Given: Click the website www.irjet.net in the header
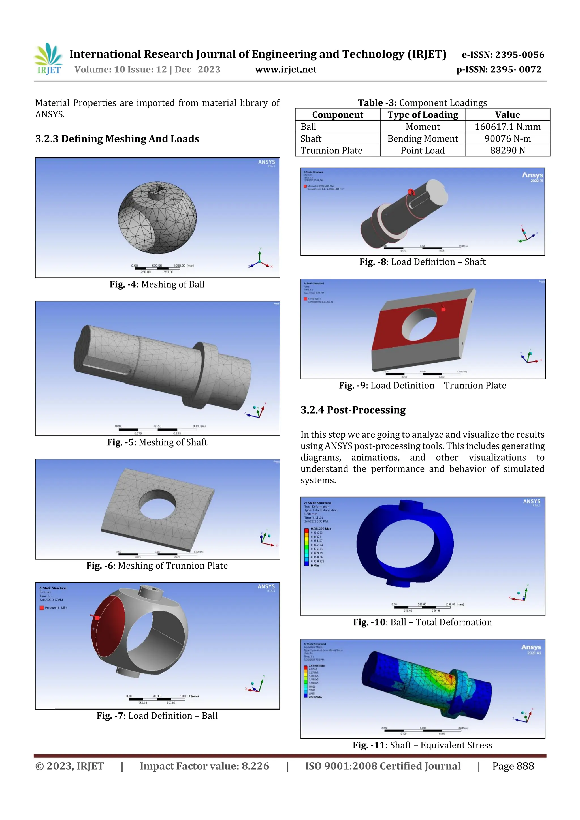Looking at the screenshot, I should (285, 70).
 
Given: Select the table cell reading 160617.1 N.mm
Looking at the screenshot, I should (507, 127).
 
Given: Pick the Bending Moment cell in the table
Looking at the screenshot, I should (423, 139).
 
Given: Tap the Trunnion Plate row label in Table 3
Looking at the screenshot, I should (331, 150).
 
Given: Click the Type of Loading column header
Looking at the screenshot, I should (423, 115).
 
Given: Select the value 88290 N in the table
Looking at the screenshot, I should (507, 150).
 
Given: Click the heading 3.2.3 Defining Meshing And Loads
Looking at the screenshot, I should (117, 139).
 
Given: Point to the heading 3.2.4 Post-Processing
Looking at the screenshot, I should (353, 410).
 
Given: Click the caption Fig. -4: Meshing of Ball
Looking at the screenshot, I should (157, 284).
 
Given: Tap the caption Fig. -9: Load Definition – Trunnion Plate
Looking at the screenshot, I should (423, 385).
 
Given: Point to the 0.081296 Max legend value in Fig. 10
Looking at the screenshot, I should (321, 528).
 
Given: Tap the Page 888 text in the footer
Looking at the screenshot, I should (513, 766).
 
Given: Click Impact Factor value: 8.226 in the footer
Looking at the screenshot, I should (204, 766).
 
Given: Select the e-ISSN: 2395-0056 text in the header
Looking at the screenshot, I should (503, 55).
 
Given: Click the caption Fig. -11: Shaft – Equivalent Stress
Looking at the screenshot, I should (423, 745).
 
